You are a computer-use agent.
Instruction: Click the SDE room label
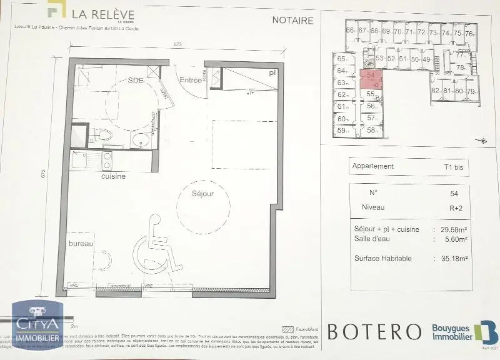tap(136, 81)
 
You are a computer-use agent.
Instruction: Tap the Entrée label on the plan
tap(191, 80)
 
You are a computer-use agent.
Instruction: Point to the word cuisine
tap(114, 176)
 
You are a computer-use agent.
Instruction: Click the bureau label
tap(81, 243)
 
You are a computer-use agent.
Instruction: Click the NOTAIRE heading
tap(292, 20)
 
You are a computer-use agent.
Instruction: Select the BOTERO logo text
tap(374, 331)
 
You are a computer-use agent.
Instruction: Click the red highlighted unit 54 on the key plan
tap(371, 78)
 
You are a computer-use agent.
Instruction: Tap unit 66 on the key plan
tap(349, 31)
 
